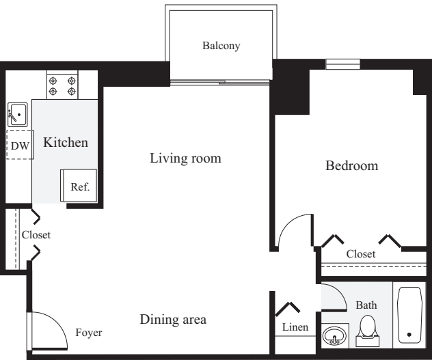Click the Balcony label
221,46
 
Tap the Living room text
185,158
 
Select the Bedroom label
351,165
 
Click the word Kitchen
66,143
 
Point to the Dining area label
173,319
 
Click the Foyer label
88,333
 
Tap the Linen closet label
295,328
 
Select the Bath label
366,305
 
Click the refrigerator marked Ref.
80,186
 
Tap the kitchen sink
17,113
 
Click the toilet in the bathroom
368,328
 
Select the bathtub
410,314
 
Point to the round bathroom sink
335,337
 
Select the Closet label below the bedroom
360,253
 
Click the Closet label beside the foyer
36,234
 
